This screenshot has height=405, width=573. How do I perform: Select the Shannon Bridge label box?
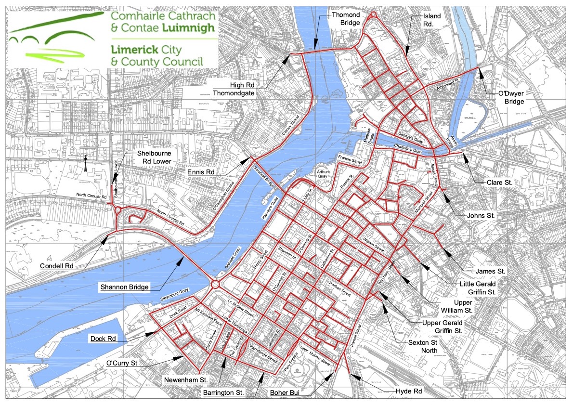pyautogui.click(x=125, y=287)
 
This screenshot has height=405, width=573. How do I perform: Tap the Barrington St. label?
pyautogui.click(x=223, y=392)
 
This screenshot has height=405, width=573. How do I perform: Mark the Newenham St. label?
pyautogui.click(x=185, y=380)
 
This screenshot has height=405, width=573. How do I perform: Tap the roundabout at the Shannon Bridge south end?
pyautogui.click(x=215, y=284)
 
